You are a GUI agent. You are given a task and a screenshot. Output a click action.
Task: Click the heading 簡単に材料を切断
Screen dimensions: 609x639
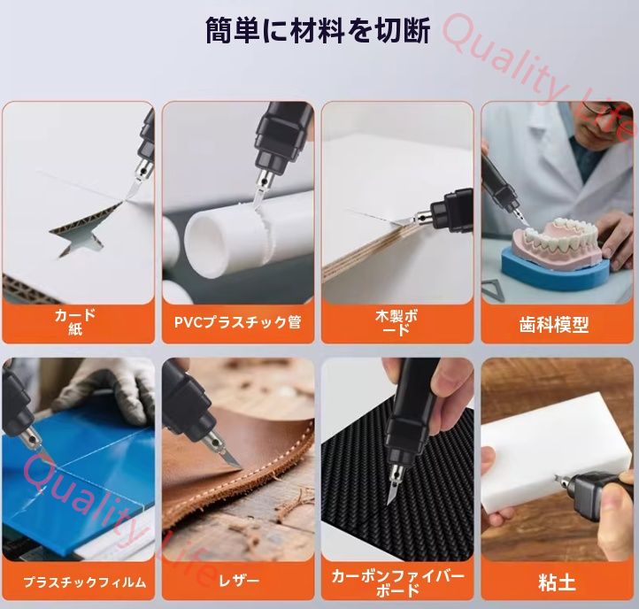click(318, 31)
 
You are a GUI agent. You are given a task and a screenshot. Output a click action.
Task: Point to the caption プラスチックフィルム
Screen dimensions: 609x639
click(84, 582)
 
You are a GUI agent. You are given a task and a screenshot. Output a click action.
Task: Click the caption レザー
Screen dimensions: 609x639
click(238, 582)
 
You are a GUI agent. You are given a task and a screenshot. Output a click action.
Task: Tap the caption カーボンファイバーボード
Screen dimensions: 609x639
click(397, 582)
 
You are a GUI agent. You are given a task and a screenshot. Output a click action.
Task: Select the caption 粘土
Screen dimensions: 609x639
click(557, 582)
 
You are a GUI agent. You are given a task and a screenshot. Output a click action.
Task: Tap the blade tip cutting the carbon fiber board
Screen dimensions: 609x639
click(390, 500)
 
